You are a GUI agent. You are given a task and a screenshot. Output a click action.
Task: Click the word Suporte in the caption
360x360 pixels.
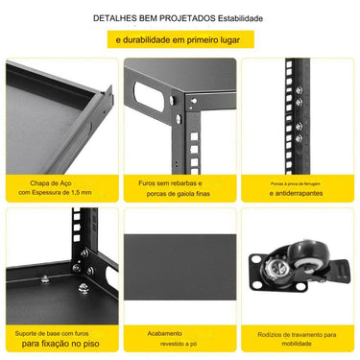coord(30,332)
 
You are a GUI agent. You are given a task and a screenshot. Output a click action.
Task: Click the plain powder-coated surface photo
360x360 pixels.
coord(180,264)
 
